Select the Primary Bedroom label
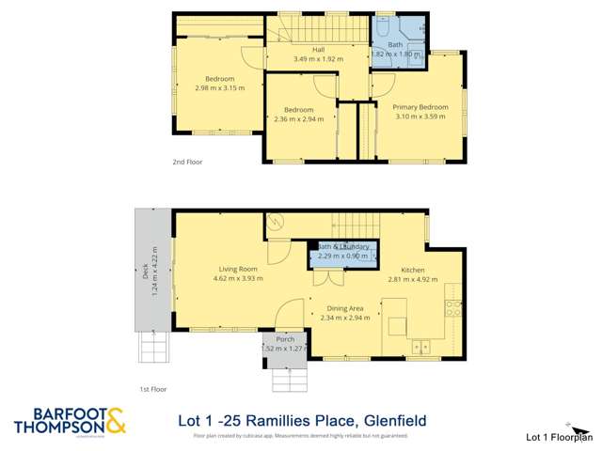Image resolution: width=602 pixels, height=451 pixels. (420, 107)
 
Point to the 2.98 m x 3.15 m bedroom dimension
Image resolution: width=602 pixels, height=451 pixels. (219, 87)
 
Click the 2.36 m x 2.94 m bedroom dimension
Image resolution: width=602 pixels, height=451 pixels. (298, 119)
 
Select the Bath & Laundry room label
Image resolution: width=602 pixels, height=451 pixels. (343, 246)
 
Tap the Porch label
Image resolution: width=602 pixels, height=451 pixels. (284, 339)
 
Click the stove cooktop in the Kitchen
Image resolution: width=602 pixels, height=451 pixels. (454, 304)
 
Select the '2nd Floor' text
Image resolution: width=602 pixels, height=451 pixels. (187, 162)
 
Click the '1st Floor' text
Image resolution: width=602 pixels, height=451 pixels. (152, 388)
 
